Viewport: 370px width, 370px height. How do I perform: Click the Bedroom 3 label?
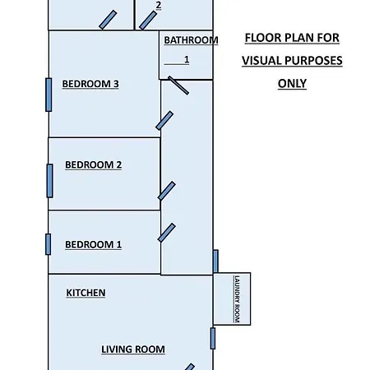pyautogui.click(x=90, y=84)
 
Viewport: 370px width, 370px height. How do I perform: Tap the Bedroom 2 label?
pyautogui.click(x=93, y=164)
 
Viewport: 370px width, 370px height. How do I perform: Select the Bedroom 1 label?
pyautogui.click(x=93, y=244)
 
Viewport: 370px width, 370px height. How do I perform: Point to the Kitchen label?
pyautogui.click(x=86, y=293)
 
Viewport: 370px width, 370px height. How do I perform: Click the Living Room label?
pyautogui.click(x=133, y=349)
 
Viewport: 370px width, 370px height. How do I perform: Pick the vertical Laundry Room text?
pyautogui.click(x=237, y=299)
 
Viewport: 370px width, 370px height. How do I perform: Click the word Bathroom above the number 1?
pyautogui.click(x=191, y=40)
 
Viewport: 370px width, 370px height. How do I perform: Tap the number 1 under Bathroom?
pyautogui.click(x=187, y=59)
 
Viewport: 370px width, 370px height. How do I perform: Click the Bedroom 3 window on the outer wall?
pyautogui.click(x=49, y=95)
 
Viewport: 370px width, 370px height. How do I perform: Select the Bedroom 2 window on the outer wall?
pyautogui.click(x=49, y=181)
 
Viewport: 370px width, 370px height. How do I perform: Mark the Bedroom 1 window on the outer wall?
pyautogui.click(x=48, y=244)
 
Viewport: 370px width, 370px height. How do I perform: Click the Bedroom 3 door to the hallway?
pyautogui.click(x=164, y=120)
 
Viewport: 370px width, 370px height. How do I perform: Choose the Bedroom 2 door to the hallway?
pyautogui.click(x=167, y=191)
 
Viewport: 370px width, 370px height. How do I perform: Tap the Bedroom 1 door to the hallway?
pyautogui.click(x=167, y=233)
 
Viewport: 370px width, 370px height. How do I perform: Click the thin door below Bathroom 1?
pyautogui.click(x=178, y=86)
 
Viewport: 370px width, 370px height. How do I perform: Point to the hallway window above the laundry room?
pyautogui.click(x=215, y=261)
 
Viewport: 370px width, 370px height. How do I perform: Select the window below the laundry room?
pyautogui.click(x=213, y=339)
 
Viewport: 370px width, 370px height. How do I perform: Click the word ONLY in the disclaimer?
pyautogui.click(x=292, y=84)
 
